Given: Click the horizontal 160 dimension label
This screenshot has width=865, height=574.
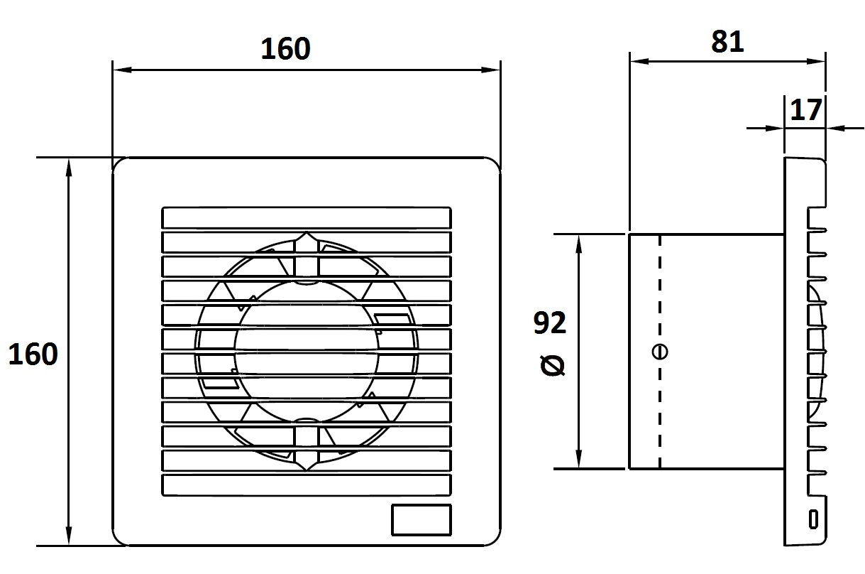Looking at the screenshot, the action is [x=285, y=49].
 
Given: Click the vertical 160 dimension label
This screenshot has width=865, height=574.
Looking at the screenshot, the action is [x=33, y=354].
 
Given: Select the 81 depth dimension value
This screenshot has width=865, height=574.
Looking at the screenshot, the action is [x=727, y=42].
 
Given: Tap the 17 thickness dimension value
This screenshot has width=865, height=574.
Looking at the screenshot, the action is [x=806, y=110].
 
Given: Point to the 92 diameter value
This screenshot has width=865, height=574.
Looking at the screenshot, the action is [x=549, y=323].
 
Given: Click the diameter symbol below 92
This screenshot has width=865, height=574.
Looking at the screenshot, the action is [x=553, y=366].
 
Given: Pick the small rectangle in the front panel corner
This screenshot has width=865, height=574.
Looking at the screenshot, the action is [x=422, y=520].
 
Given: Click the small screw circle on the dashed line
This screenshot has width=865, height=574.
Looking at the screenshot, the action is [x=659, y=352].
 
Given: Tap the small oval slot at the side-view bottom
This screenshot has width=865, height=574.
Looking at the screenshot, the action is [x=813, y=519].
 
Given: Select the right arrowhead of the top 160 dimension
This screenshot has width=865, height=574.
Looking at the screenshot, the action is [x=490, y=70].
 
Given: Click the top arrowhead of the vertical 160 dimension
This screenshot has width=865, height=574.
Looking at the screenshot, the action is [x=69, y=168].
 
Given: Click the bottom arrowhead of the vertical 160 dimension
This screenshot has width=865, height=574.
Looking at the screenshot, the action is [x=69, y=536].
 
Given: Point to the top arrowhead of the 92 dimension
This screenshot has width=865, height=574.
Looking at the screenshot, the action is [x=578, y=244].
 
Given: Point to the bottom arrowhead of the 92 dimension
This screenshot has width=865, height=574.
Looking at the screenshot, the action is [x=578, y=459].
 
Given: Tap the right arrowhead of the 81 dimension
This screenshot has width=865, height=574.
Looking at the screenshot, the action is [x=815, y=61].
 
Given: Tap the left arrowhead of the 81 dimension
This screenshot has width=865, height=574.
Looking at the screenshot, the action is [x=639, y=61].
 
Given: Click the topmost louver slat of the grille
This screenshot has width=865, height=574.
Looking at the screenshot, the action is [x=307, y=217].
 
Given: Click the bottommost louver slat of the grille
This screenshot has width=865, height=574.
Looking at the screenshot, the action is [x=307, y=485].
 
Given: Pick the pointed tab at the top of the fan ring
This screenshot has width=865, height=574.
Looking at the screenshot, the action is [x=307, y=238].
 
